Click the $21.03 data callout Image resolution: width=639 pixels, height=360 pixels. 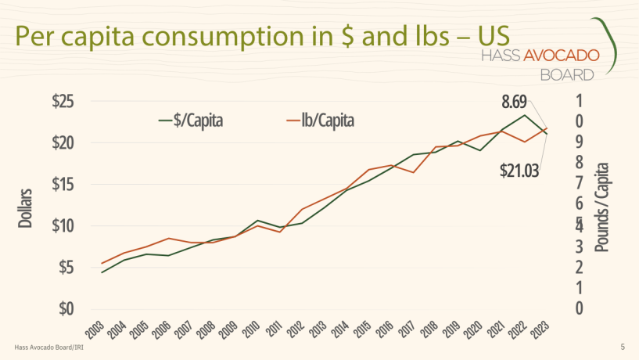coord(519,171)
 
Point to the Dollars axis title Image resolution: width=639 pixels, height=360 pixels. coord(25,207)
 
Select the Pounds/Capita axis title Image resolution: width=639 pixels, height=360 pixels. coord(602,207)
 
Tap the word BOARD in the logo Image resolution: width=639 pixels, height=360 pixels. coord(566,74)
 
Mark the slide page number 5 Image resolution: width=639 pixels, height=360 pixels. coord(622,347)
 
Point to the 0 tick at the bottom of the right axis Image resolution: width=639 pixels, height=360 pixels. coord(579,308)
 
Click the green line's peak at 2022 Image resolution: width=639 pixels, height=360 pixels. coord(525,116)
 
